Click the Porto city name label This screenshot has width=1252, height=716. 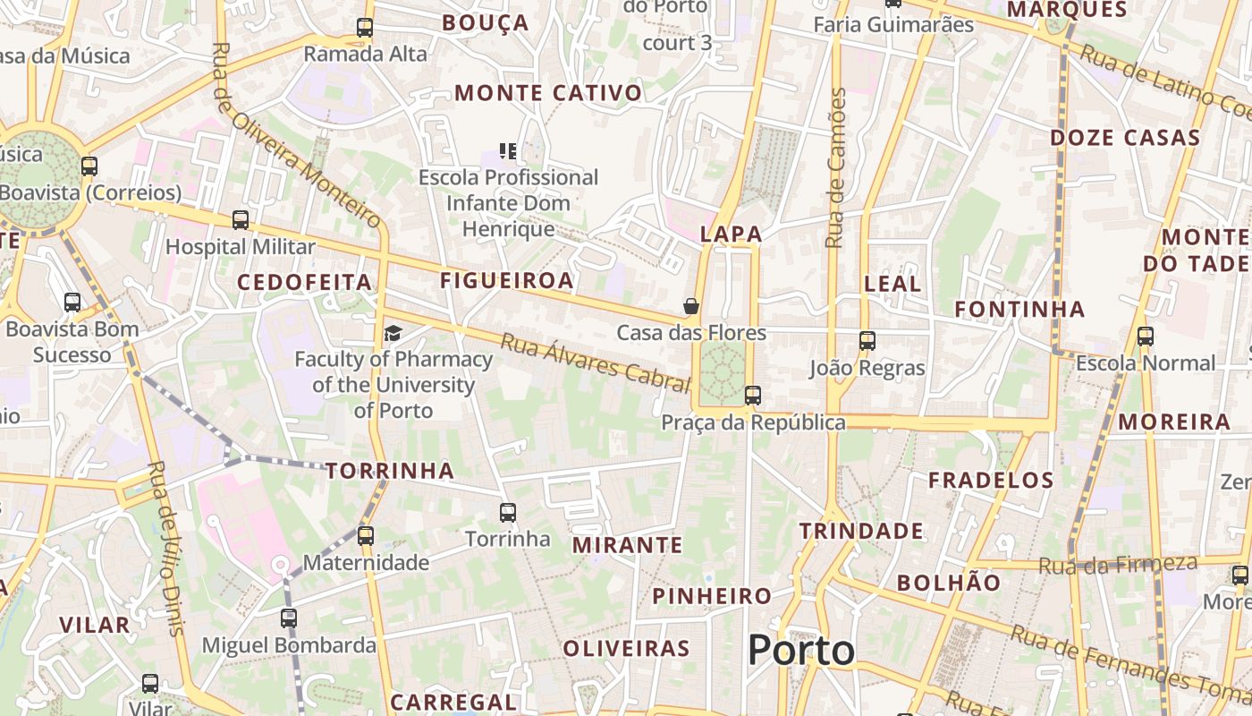[x=800, y=650]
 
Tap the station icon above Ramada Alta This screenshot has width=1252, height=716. [x=364, y=28]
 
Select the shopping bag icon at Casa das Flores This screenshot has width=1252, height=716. [x=691, y=307]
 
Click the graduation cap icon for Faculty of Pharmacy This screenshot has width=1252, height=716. [x=393, y=334]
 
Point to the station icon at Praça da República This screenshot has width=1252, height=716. [x=753, y=395]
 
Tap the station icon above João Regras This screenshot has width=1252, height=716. [x=867, y=341]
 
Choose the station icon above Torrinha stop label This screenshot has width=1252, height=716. [x=507, y=513]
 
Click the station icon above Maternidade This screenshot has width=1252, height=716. [x=365, y=536]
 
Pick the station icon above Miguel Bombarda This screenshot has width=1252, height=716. [x=288, y=618]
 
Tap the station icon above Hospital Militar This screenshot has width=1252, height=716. [x=240, y=220]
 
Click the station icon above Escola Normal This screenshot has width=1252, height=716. [x=1145, y=337]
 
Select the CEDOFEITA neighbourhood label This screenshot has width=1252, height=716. [x=304, y=283]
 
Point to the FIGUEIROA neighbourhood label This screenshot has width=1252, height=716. [x=506, y=281]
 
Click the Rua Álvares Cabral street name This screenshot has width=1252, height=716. [x=596, y=362]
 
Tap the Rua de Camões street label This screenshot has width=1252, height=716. [x=836, y=168]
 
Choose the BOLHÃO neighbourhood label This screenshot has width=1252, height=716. [x=949, y=583]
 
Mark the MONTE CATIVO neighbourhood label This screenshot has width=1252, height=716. [x=548, y=93]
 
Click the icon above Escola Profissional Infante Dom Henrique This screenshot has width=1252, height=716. [x=508, y=151]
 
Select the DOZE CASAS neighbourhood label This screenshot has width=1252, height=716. [x=1124, y=138]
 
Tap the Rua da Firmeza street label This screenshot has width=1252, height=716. [x=1118, y=565]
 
